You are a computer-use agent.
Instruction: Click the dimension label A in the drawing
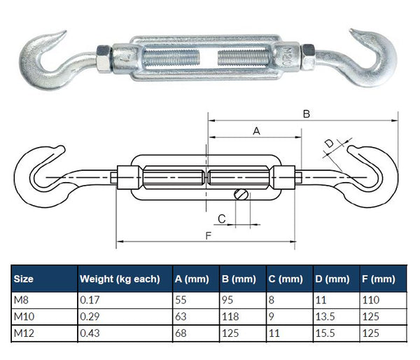(255, 130)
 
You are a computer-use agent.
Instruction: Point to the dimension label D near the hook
(329, 144)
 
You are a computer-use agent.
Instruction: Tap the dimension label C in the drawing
(222, 219)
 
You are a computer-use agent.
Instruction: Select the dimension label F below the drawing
(209, 235)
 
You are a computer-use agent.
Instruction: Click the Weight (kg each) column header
(119, 279)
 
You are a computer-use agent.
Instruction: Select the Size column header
(23, 279)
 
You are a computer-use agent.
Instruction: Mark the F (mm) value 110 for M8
(372, 300)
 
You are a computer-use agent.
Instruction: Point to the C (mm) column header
(285, 279)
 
